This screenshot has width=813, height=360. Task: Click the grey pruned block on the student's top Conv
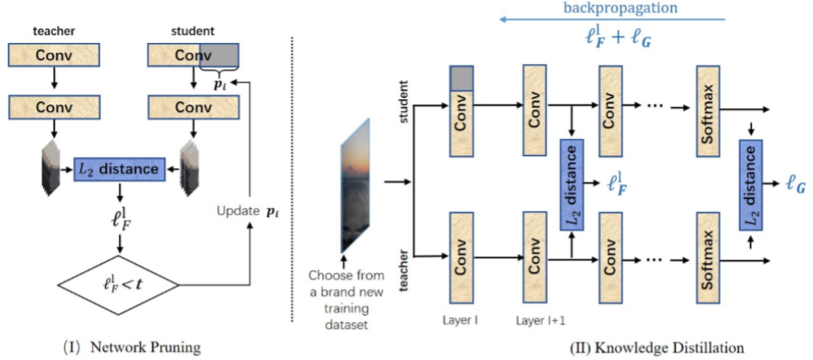point(218,55)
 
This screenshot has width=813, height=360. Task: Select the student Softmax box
point(709,110)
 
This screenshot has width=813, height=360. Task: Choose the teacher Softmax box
point(709,258)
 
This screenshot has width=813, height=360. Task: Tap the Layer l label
point(460,320)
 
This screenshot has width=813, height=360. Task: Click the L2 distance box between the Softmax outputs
point(751,183)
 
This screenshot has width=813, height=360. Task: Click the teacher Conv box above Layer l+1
point(535,257)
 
